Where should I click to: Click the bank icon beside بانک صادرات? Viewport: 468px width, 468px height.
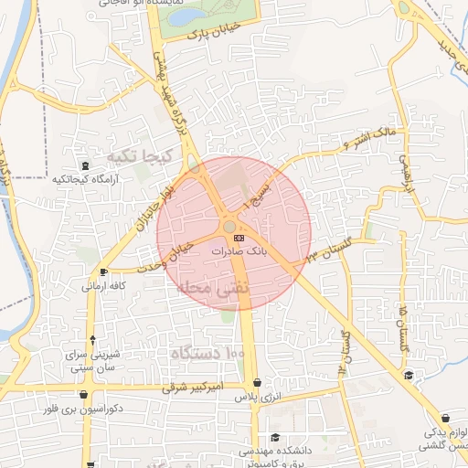tap(239, 238)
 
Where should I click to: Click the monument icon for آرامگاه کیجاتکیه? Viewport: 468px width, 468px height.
tap(85, 165)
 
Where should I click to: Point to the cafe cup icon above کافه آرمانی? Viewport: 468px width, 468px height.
tap(103, 271)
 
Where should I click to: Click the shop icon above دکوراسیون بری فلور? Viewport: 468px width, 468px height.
tap(85, 396)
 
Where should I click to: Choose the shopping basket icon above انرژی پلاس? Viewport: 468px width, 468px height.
tap(258, 384)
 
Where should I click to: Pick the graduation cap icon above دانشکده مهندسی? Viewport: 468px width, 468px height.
tap(275, 437)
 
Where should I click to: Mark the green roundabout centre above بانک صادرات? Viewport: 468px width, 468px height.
tap(229, 226)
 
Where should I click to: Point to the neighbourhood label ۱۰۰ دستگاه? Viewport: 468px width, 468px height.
tap(208, 353)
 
